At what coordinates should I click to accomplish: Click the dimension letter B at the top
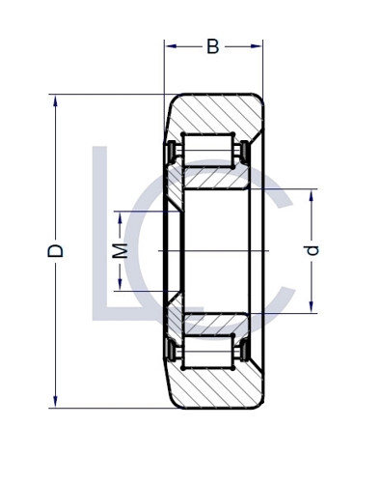(x=212, y=46)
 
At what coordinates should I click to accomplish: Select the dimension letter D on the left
(x=56, y=250)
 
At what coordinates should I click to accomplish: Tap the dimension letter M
(x=120, y=250)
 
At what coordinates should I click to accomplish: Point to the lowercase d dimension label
(x=311, y=250)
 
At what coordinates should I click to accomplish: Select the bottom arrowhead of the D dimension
(x=56, y=403)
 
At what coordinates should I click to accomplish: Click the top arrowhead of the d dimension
(x=311, y=194)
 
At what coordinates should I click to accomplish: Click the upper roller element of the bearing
(x=206, y=152)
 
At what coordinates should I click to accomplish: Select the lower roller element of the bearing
(x=206, y=351)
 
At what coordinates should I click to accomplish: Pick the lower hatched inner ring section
(x=218, y=324)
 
